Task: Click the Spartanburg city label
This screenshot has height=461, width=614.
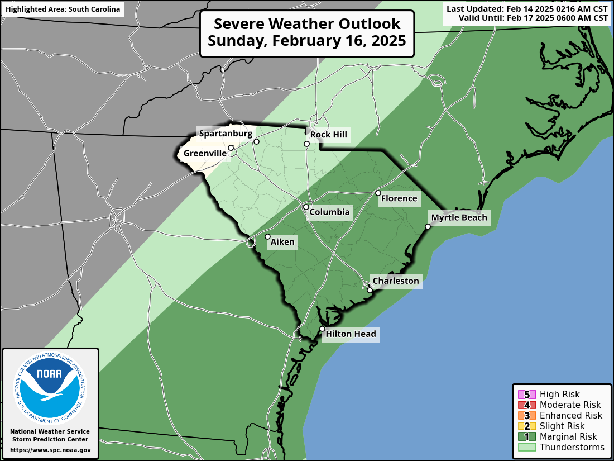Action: click(x=226, y=134)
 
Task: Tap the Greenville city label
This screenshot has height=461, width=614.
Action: click(x=205, y=153)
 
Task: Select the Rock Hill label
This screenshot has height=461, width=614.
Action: click(x=329, y=135)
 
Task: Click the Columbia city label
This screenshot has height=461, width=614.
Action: click(x=329, y=212)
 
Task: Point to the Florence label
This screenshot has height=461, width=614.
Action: click(x=399, y=198)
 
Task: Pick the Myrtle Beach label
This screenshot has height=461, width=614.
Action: click(x=459, y=218)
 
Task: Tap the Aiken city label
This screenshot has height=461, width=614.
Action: click(x=282, y=243)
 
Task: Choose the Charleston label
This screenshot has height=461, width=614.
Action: click(x=395, y=281)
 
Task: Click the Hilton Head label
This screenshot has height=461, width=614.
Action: click(x=351, y=335)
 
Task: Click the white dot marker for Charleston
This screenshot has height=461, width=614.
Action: click(x=370, y=291)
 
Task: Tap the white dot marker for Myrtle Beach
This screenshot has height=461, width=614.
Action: click(x=428, y=226)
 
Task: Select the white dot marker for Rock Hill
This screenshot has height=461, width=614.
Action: click(x=306, y=144)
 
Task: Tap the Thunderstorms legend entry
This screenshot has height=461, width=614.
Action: click(x=572, y=448)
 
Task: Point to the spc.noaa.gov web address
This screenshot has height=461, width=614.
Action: click(x=50, y=450)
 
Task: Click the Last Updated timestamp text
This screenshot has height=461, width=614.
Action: click(x=527, y=9)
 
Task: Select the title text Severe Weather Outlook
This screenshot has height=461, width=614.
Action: click(x=307, y=24)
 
